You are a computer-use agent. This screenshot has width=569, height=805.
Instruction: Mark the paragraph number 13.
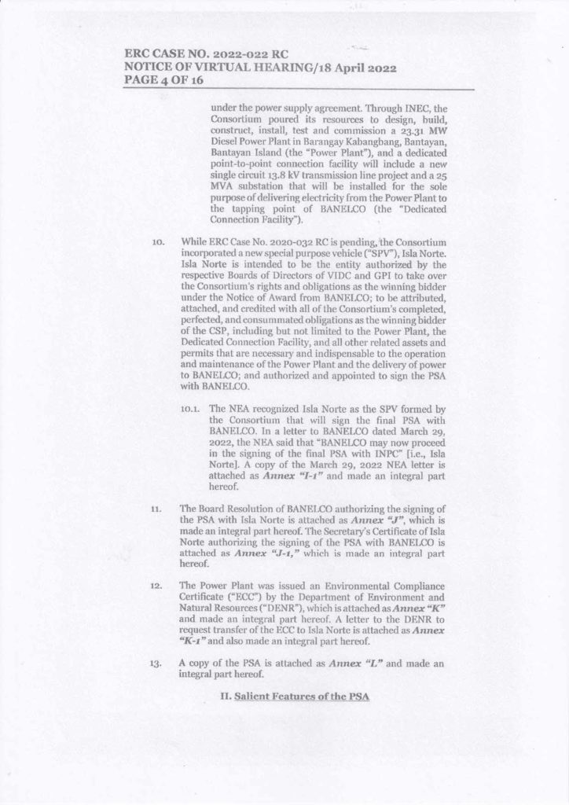click(x=156, y=662)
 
